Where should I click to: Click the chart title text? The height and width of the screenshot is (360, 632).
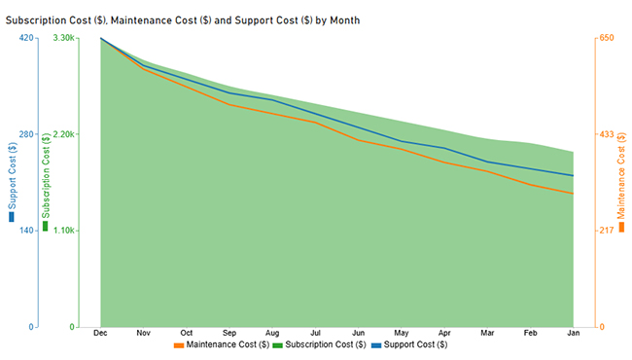(183, 19)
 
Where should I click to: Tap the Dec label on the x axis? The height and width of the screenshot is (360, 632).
(100, 333)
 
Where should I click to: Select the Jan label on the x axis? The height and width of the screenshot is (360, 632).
(574, 333)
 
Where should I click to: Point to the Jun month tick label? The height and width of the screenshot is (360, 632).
(359, 333)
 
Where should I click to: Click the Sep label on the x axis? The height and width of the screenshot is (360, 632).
(229, 333)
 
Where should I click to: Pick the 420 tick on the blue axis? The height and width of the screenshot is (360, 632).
(26, 38)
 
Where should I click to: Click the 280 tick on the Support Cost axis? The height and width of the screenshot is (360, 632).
(26, 134)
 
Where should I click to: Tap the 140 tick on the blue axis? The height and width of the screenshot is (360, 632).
(26, 231)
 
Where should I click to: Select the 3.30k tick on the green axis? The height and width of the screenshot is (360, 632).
(63, 38)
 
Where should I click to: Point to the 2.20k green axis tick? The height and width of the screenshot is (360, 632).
(63, 134)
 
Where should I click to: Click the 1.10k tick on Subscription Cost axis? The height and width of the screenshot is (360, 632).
(63, 231)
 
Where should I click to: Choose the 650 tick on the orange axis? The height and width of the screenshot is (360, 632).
(606, 38)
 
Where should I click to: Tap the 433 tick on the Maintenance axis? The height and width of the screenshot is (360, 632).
(606, 134)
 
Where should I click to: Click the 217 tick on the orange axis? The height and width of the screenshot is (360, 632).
(606, 231)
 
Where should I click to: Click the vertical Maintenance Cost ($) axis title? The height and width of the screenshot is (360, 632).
(622, 181)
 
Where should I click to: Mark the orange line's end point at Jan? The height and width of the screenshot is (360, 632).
(574, 194)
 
